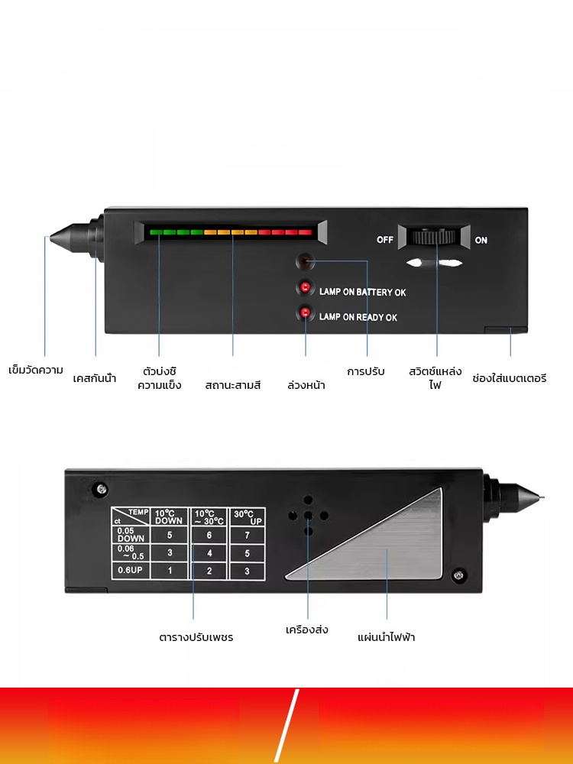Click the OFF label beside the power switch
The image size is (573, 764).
click(385, 240)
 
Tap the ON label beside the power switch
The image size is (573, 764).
click(481, 240)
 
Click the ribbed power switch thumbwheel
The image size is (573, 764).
click(435, 236)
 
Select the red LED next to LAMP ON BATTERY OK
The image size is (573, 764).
click(305, 288)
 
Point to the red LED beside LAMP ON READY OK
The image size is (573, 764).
click(305, 313)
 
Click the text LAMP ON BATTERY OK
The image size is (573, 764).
click(362, 293)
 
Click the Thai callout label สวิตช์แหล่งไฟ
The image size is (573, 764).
click(435, 377)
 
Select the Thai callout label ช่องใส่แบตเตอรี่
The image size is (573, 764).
click(510, 377)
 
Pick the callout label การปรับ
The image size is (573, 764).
click(366, 371)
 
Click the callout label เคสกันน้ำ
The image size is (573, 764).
click(95, 377)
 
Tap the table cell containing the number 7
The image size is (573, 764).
click(248, 536)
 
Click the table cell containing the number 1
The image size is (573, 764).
click(170, 571)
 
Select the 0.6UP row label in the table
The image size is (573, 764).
click(128, 570)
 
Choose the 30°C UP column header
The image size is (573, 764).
click(248, 516)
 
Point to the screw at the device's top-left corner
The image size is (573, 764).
click(99, 487)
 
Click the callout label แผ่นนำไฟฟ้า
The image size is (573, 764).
click(387, 636)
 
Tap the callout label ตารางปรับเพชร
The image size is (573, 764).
click(196, 636)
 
